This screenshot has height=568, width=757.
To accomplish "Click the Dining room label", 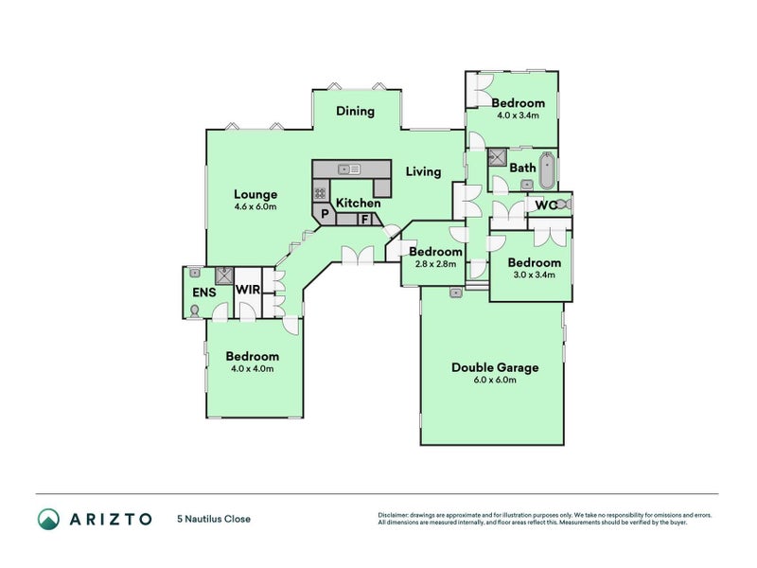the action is [x=356, y=111].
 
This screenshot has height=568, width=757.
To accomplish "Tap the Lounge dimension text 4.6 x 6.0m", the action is [x=255, y=206].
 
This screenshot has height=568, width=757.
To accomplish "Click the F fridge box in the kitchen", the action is [x=365, y=220].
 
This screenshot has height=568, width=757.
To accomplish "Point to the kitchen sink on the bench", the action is [x=349, y=169].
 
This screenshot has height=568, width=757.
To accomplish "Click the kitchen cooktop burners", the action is [x=320, y=194].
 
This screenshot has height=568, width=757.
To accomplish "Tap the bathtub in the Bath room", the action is [x=547, y=170].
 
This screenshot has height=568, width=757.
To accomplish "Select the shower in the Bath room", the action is [x=496, y=156].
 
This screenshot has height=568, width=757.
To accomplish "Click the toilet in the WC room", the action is [x=564, y=204].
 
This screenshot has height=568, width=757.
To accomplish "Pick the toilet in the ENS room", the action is [x=195, y=311].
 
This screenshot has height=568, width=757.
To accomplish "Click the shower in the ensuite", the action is [x=224, y=275].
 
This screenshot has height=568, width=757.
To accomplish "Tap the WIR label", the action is [x=248, y=290].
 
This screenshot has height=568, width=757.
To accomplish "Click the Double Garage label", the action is [x=495, y=367].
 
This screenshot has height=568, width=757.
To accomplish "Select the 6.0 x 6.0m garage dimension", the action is [x=495, y=381].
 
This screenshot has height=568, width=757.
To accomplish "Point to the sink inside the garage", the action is [x=456, y=293].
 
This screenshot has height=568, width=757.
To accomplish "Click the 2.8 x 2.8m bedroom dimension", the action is [x=435, y=264].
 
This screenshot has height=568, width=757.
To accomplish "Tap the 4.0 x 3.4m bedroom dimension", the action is [x=518, y=115].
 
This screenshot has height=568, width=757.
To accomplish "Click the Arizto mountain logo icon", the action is [x=49, y=519].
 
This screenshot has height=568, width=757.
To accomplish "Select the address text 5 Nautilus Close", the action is [x=214, y=519].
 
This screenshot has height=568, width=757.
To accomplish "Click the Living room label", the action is [x=423, y=172].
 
